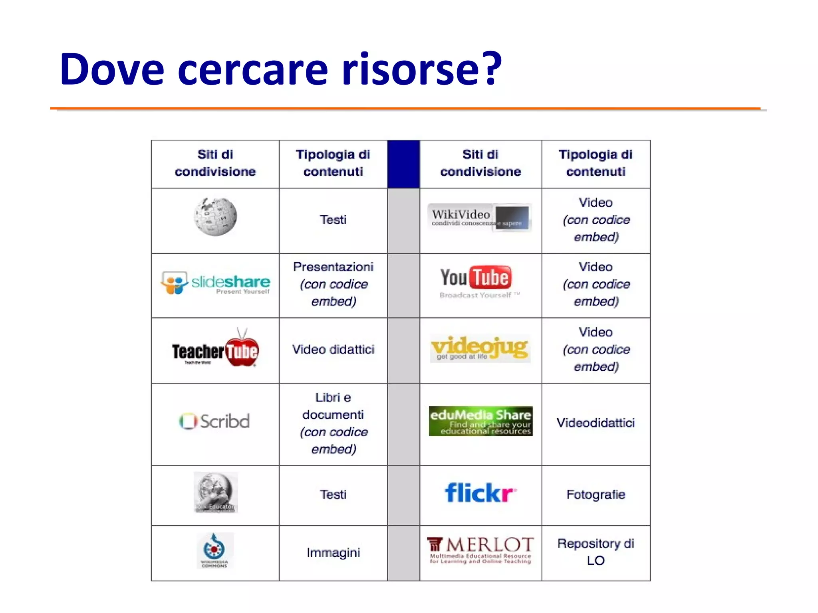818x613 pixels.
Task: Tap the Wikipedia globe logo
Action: (x=215, y=217)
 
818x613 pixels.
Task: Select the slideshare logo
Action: (x=215, y=283)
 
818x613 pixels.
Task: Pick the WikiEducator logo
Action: (x=216, y=492)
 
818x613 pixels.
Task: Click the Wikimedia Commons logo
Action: (x=215, y=550)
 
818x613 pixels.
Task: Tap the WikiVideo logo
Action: (x=480, y=218)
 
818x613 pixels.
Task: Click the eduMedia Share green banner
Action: (x=480, y=421)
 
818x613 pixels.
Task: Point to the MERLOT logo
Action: (x=480, y=550)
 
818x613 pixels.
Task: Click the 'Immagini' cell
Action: (x=333, y=552)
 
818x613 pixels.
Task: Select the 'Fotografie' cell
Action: (x=596, y=494)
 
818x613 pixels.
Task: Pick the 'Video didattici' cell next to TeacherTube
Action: (x=333, y=350)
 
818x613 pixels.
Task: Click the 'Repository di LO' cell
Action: (x=596, y=552)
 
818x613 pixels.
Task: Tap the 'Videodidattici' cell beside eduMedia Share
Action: (x=596, y=423)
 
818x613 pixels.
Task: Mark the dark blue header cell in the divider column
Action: (x=403, y=164)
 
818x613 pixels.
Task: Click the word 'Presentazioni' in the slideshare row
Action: (x=333, y=267)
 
